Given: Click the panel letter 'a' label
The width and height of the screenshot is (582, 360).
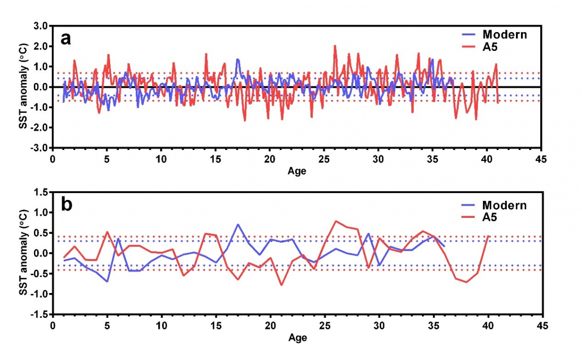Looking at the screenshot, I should (66, 38).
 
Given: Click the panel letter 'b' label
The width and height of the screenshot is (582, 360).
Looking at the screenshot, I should (66, 205).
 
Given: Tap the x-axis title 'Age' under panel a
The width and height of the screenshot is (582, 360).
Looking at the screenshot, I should (297, 171).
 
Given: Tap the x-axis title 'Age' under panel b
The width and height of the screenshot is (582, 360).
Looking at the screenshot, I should (297, 338).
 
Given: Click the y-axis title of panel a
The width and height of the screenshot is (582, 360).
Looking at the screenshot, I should (22, 86).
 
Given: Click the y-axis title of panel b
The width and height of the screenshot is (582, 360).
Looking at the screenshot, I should (22, 253).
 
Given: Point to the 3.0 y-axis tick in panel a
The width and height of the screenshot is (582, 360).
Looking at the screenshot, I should (40, 26).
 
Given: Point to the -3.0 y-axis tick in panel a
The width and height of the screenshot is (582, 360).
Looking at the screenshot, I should (38, 147).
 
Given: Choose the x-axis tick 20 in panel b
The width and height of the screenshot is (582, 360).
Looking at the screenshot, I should (270, 326).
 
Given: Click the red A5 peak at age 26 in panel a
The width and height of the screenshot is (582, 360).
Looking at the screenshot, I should (335, 46).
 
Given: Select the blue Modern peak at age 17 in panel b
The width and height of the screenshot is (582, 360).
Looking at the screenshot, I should (238, 225).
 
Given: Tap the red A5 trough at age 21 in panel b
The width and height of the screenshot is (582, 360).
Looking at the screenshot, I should (281, 285).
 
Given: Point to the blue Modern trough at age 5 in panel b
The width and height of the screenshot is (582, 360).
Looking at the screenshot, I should (107, 281).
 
